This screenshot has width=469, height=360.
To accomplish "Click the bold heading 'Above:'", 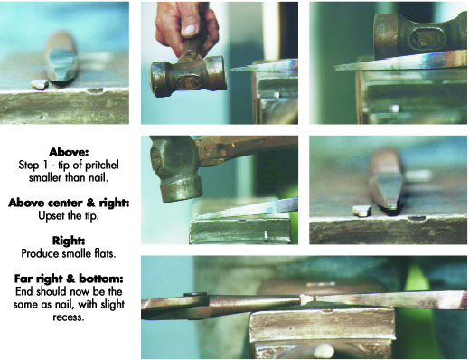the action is point(69,152).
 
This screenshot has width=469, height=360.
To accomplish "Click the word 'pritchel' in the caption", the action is point(102,165).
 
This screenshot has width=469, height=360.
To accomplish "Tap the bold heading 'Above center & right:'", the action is point(69,203).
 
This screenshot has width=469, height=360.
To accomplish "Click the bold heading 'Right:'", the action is point(69,241).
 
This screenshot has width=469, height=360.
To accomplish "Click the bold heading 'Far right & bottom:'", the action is point(69,279).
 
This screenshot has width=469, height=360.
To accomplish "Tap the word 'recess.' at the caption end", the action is point(69,317).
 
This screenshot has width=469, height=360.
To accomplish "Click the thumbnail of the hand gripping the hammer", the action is point(220,63).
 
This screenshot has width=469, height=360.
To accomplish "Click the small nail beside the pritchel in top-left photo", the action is point(40,84).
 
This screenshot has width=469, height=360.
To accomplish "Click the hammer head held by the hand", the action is point(188,76).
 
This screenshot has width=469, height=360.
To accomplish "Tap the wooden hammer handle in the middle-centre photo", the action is point(247,148).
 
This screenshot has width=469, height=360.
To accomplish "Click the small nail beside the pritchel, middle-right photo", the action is point(361,211).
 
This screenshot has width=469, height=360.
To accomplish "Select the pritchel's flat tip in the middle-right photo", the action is point(391,206).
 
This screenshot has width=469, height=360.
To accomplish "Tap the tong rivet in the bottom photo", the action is point(196,294).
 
